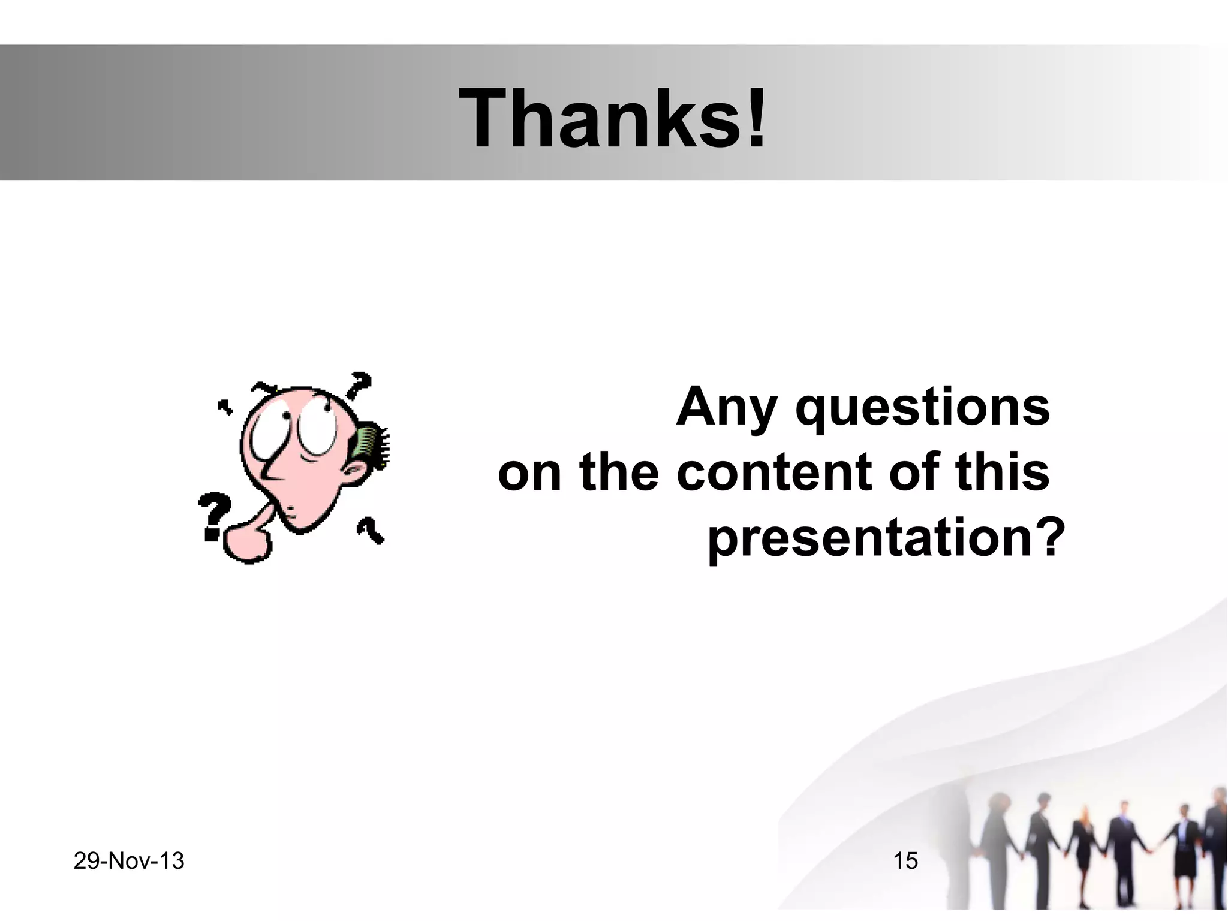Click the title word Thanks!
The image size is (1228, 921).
click(x=612, y=118)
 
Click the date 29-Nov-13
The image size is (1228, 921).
click(x=129, y=861)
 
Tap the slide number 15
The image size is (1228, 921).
click(x=905, y=861)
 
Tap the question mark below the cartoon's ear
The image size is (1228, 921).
click(x=370, y=530)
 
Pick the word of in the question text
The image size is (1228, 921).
click(x=914, y=472)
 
